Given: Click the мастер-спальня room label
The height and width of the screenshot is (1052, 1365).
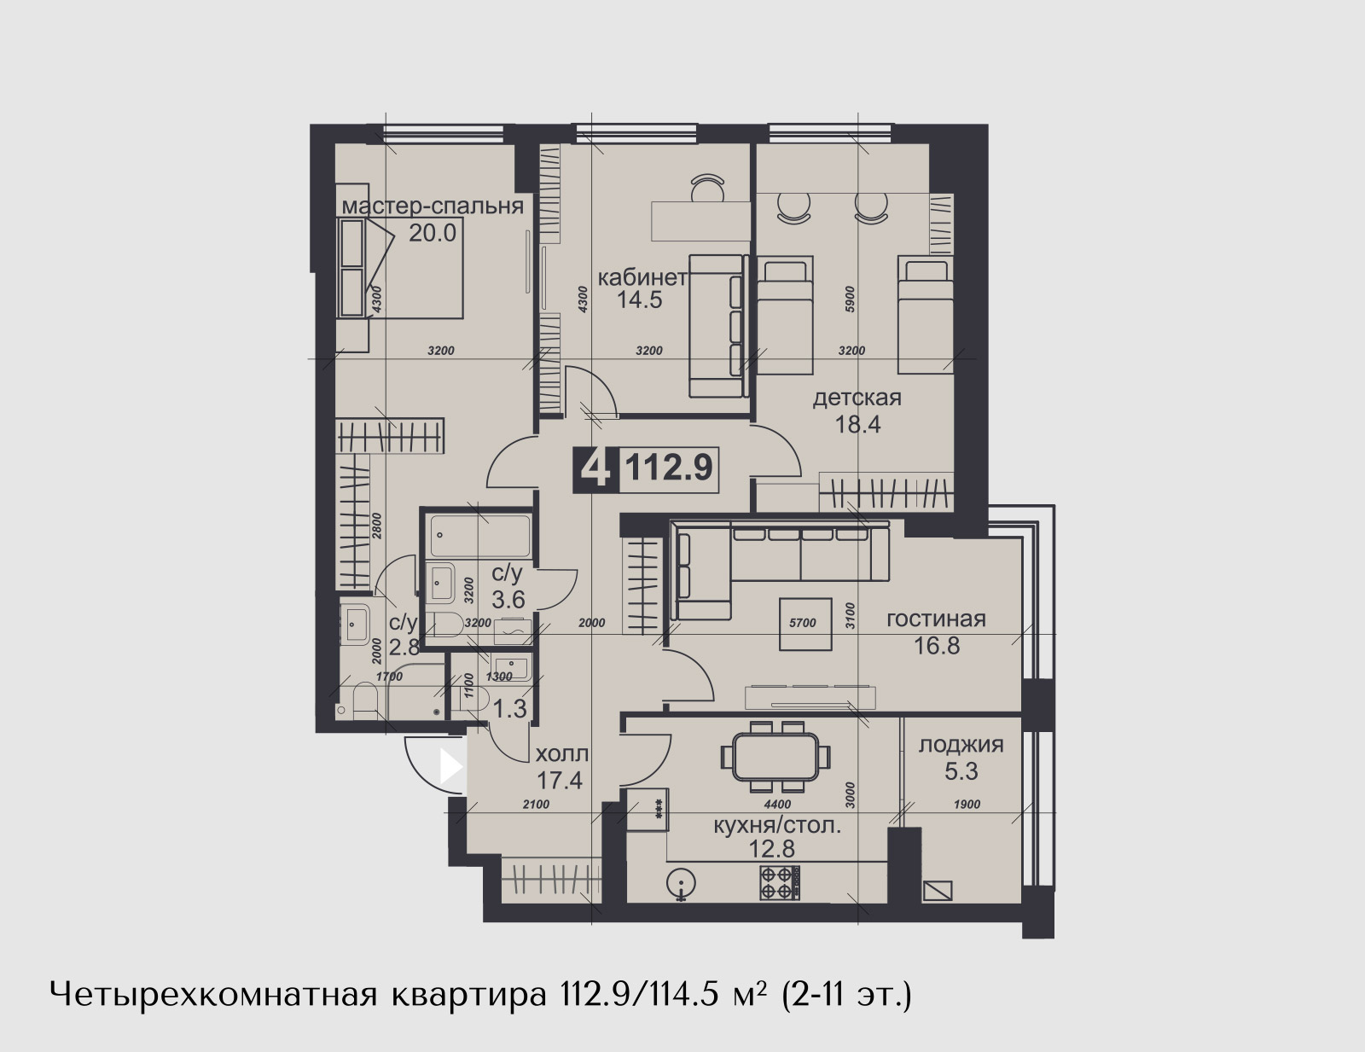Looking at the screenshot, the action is [x=433, y=206].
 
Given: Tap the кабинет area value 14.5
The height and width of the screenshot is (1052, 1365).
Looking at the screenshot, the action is [x=640, y=299].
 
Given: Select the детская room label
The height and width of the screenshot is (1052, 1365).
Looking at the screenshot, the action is [x=857, y=398].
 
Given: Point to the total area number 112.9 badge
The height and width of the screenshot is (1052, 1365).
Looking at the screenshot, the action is [x=669, y=468].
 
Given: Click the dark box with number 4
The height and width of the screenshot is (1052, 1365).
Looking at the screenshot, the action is [x=596, y=468].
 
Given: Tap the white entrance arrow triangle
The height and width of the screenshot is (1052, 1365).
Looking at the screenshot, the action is [x=451, y=766].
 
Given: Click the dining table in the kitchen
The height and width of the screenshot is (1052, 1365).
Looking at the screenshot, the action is [x=775, y=757].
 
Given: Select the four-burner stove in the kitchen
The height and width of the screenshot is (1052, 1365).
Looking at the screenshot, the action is [x=780, y=883].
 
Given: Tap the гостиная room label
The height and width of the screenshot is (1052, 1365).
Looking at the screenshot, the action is [x=936, y=619].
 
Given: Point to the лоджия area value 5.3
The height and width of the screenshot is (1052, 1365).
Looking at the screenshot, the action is [x=961, y=771].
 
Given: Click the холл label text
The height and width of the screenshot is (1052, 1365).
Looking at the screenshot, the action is [x=561, y=753].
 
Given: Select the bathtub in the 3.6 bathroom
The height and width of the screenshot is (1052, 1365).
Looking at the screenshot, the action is [x=480, y=536].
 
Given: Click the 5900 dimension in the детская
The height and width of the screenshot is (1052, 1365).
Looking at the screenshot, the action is [x=850, y=299].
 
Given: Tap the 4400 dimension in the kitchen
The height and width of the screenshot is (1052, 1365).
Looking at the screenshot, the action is [x=777, y=805].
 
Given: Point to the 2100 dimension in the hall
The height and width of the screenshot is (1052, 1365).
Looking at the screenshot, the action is [x=536, y=805].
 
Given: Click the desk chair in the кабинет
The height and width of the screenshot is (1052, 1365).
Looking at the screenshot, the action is [x=708, y=187].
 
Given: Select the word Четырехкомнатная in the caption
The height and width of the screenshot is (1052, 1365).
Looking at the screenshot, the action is [x=213, y=996].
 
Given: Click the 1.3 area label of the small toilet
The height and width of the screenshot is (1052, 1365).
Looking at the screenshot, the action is [x=509, y=709].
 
